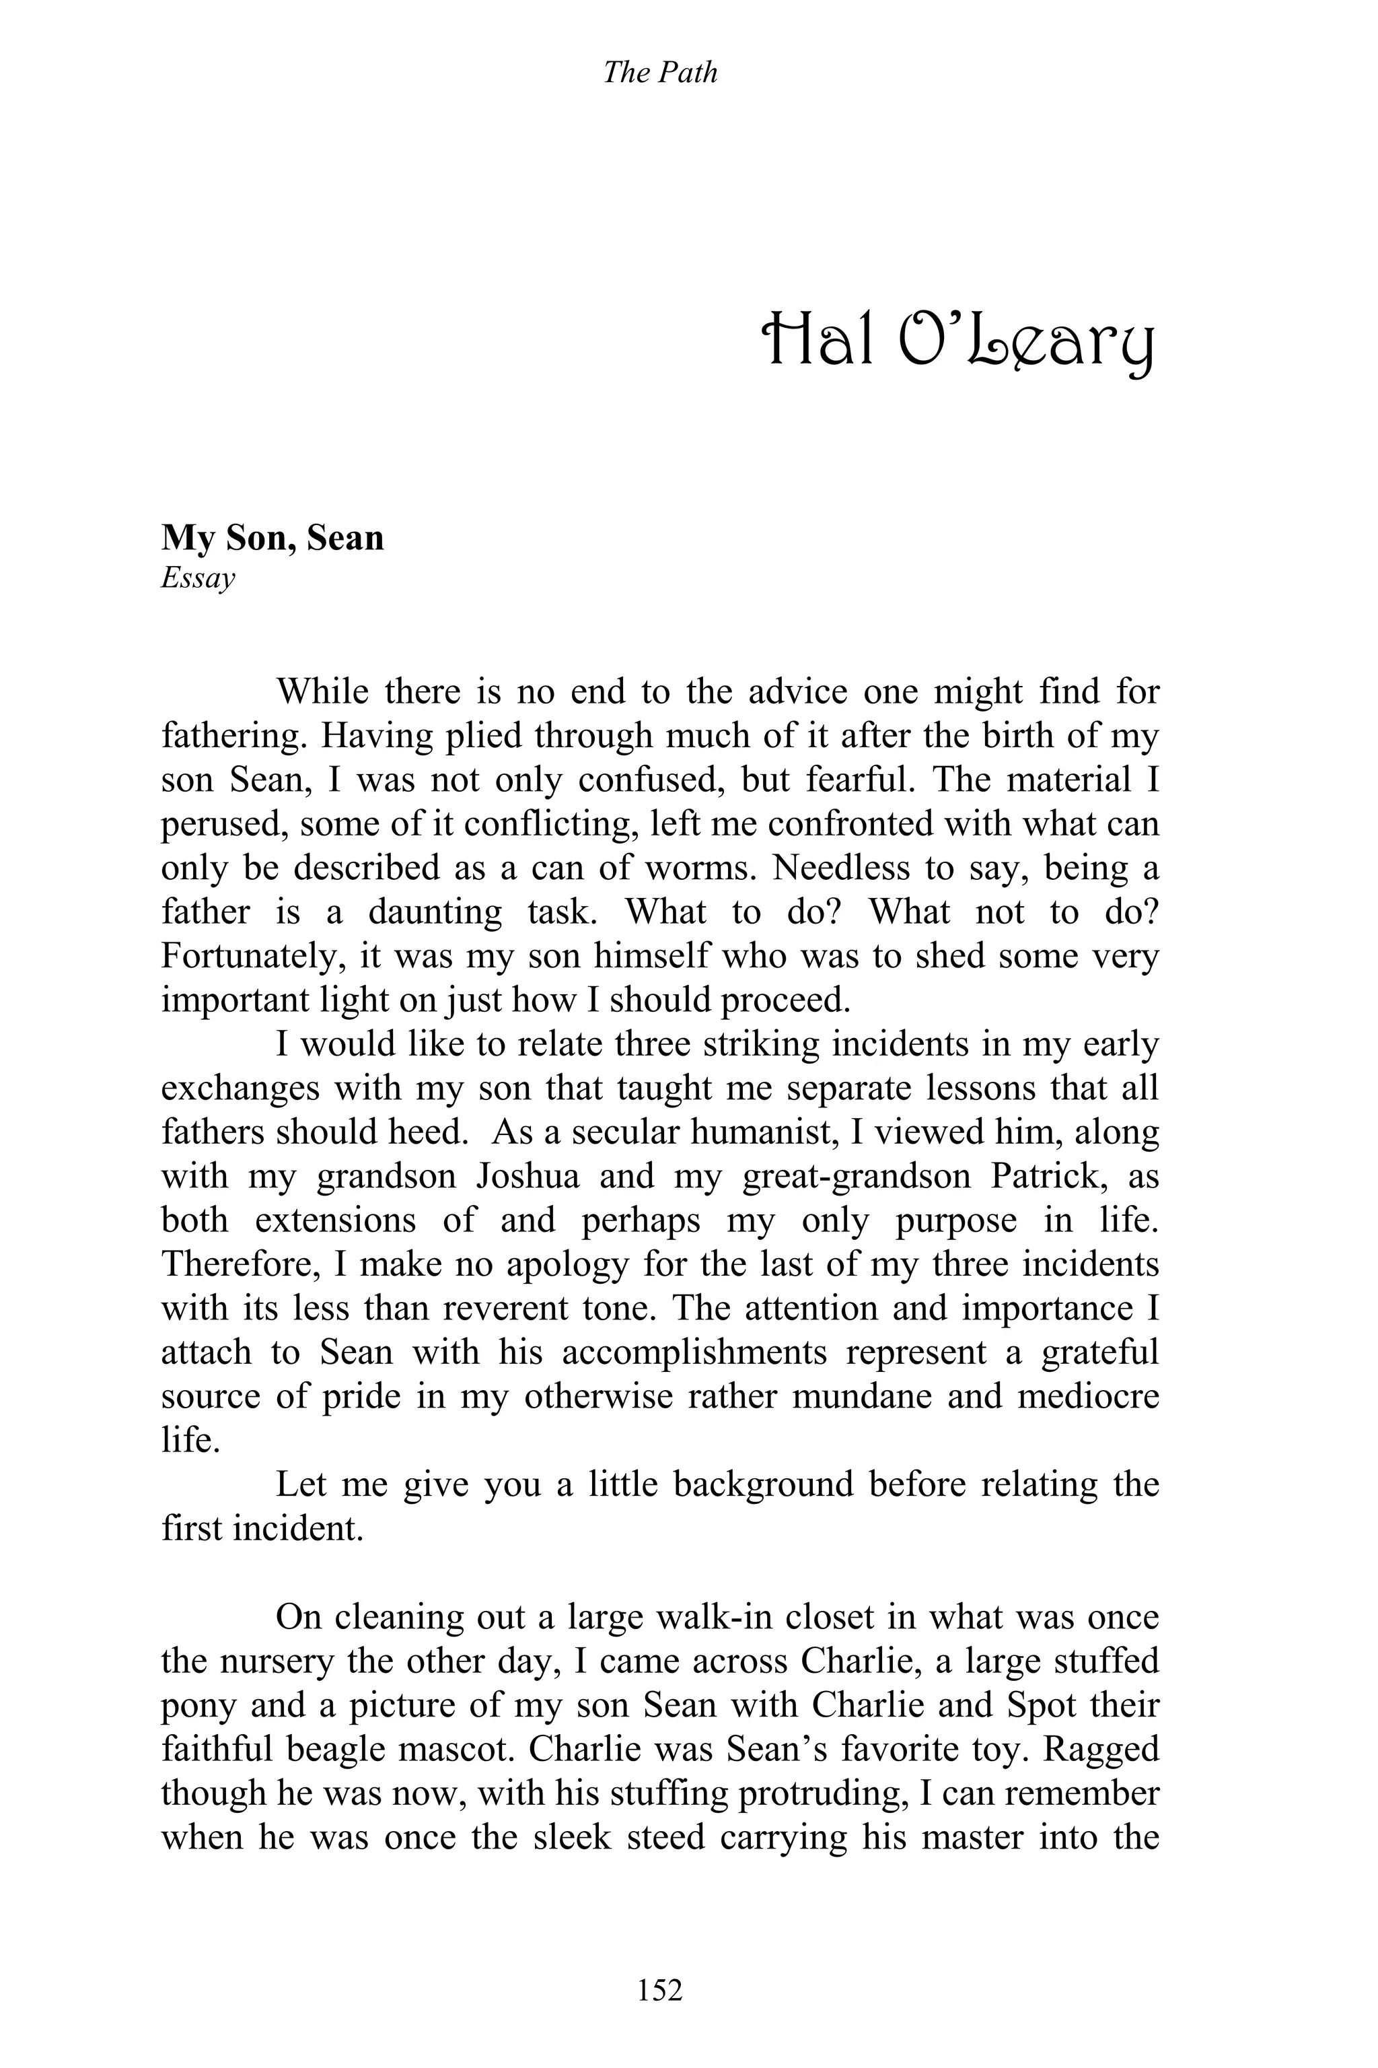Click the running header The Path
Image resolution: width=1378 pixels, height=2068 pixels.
point(660,72)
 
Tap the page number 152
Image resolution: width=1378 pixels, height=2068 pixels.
point(660,1989)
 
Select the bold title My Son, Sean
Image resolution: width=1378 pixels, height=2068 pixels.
point(273,538)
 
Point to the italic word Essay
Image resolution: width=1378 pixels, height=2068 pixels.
point(198,578)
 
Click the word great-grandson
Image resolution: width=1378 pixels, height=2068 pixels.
point(856,1177)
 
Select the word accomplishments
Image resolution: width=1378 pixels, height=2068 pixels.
point(694,1353)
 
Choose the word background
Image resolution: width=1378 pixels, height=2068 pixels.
point(764,1485)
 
